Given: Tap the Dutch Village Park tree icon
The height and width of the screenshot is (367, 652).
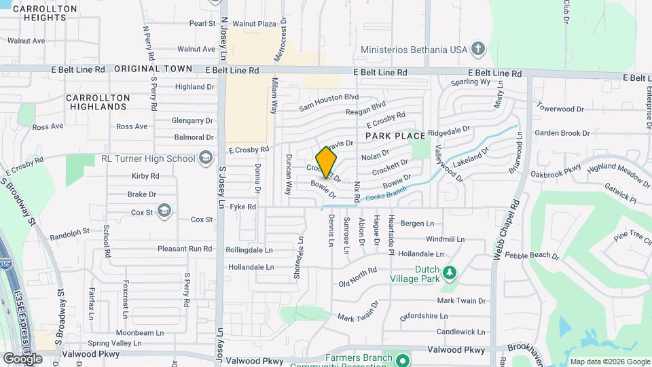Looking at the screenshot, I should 449,273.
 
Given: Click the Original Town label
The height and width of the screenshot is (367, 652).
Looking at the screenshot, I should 153,69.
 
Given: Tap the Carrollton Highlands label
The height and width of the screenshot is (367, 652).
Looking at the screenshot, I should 98,103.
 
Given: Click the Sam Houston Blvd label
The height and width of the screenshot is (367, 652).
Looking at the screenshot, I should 329,103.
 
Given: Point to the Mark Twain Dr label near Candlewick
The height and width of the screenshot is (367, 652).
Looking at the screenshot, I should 462,300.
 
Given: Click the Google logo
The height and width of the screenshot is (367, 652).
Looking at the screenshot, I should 22,358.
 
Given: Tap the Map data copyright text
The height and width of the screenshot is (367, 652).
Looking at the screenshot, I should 610,362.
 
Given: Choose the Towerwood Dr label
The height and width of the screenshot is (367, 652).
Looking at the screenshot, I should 560,109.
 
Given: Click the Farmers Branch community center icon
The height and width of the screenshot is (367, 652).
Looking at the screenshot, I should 402,360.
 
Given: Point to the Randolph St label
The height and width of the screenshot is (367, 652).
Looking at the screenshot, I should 69,232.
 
